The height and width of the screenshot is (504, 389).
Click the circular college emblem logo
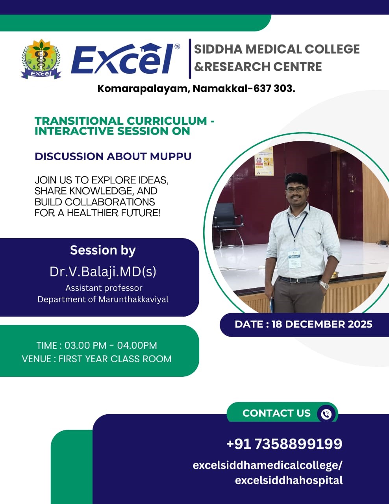[41, 59]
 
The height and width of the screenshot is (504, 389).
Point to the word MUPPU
[170, 156]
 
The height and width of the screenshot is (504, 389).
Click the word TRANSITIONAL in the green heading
[79, 121]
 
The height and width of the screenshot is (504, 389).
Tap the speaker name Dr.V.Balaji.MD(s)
[103, 271]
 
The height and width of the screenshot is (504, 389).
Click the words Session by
[103, 250]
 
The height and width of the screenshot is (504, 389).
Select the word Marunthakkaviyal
[133, 299]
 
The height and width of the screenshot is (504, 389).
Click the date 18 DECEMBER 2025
[322, 324]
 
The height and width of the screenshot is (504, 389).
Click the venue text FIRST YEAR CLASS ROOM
[115, 359]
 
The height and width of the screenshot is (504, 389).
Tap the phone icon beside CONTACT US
[326, 414]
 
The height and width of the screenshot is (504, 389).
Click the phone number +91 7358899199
[284, 444]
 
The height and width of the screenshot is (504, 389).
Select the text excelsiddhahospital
[289, 480]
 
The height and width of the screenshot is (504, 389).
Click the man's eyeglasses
[296, 189]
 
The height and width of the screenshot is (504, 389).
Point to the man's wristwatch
[324, 284]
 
